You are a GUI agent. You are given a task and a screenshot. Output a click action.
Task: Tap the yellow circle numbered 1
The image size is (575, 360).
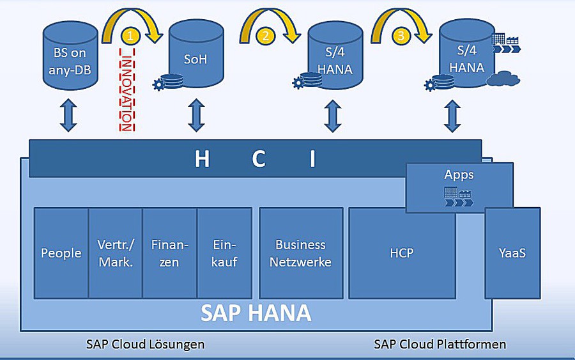point(130,36)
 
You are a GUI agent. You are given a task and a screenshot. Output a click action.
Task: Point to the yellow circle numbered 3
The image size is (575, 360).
point(401,36)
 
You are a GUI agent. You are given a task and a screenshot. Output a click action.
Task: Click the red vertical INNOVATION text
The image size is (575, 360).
point(126,93)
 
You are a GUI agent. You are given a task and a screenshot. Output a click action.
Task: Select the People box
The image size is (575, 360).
point(61,253)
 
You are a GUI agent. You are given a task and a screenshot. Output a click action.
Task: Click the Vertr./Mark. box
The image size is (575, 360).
point(116,253)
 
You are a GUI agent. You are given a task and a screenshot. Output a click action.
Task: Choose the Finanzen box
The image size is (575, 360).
point(170,253)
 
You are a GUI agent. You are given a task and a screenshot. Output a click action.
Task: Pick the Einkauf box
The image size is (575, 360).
point(224,253)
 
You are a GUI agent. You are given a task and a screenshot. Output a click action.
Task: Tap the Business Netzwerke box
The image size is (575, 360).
point(301,253)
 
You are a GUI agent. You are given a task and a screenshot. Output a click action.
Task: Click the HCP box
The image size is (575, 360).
point(402,253)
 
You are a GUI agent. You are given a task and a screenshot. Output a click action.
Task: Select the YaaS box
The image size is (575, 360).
point(512,253)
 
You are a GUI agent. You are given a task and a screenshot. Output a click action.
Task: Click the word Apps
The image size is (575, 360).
point(459,175)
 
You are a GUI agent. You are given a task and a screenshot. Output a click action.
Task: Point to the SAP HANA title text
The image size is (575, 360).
point(256,313)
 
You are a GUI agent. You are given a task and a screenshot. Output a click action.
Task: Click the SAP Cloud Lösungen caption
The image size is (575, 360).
point(146,345)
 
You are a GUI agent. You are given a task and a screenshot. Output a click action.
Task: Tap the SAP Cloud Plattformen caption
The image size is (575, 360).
point(440,345)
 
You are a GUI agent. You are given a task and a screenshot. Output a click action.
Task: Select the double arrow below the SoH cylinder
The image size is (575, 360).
point(196,116)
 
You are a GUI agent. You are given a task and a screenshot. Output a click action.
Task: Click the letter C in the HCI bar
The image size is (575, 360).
point(258,159)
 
